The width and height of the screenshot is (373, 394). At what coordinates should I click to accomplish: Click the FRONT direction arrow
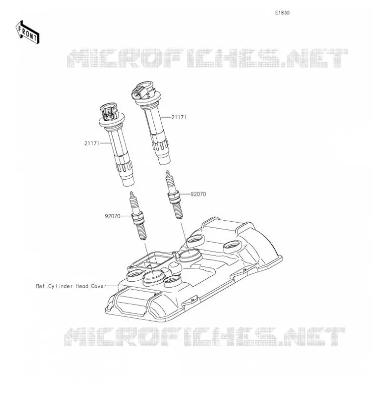pyautogui.click(x=28, y=33)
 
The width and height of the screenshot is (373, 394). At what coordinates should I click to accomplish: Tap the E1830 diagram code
pyautogui.click(x=282, y=13)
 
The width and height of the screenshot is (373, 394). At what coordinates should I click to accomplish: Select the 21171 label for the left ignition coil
pyautogui.click(x=92, y=143)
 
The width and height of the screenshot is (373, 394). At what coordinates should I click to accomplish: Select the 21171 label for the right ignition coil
pyautogui.click(x=179, y=117)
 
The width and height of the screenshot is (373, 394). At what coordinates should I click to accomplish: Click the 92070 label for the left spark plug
pyautogui.click(x=113, y=216)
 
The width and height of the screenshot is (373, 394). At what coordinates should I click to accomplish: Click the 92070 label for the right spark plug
pyautogui.click(x=199, y=194)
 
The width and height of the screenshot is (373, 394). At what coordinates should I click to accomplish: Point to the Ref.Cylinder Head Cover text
pyautogui.click(x=71, y=286)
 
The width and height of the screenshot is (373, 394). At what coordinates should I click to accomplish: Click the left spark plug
pyautogui.click(x=138, y=216)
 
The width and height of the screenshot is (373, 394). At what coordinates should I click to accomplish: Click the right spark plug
pyautogui.click(x=174, y=195)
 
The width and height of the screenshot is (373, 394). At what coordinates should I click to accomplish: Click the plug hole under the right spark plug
pyautogui.click(x=189, y=255)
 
